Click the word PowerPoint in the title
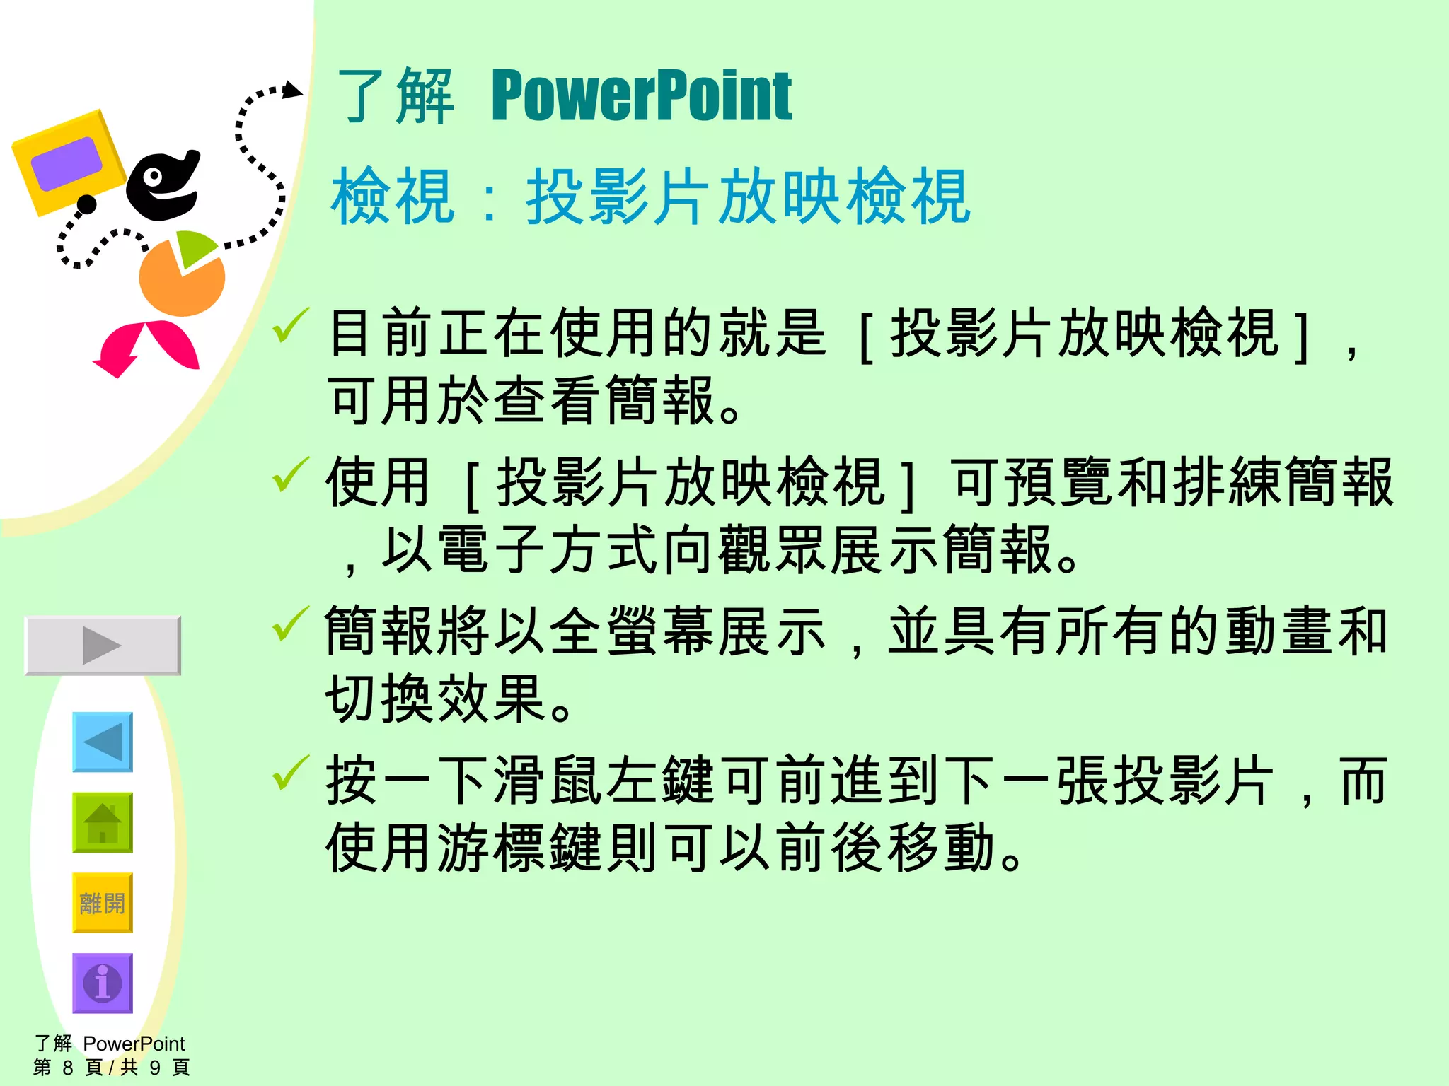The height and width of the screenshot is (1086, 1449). (641, 97)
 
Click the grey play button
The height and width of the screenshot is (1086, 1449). (103, 645)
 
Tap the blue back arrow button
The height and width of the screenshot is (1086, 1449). (103, 742)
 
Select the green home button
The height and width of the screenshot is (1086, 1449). (103, 822)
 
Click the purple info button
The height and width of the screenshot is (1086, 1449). (103, 983)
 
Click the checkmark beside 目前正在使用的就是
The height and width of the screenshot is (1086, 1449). (290, 326)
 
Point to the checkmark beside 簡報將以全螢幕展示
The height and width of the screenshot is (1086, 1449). (290, 624)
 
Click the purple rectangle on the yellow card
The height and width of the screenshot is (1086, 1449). (67, 163)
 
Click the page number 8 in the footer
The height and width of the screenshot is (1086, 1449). (68, 1067)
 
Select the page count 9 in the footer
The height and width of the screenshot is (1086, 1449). (155, 1067)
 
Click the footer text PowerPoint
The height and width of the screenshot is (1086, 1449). (134, 1044)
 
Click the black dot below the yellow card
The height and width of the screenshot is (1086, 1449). (86, 205)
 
